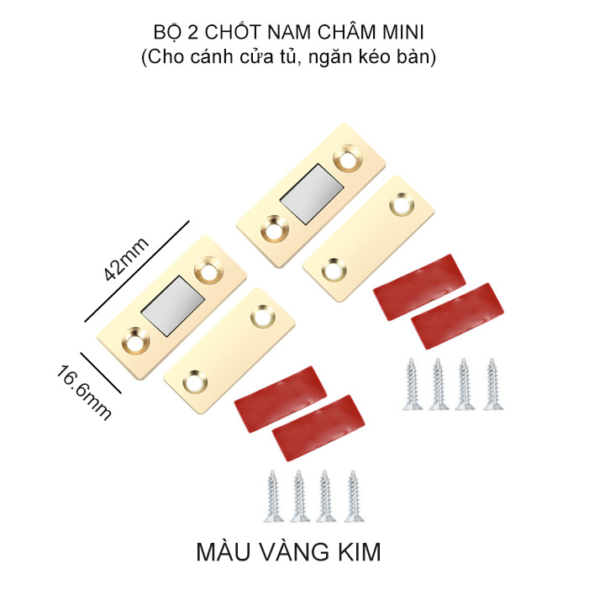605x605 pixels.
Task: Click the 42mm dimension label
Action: point(126,259)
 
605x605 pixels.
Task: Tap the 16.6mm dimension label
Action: point(85,392)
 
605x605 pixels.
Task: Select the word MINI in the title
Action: point(403,33)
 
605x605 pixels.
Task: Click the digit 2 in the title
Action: point(192,33)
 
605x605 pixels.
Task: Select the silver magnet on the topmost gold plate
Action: point(312,194)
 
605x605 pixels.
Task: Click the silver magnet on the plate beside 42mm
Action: point(172,306)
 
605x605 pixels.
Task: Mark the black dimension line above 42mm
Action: point(137,271)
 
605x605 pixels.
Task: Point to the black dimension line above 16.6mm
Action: point(101,372)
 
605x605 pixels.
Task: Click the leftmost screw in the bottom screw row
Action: point(273,497)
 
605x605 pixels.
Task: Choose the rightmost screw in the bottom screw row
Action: point(354,497)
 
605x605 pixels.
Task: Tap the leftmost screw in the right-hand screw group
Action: point(412,384)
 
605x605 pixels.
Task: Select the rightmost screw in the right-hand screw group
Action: point(492,384)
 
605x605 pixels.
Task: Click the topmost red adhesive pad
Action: point(419,287)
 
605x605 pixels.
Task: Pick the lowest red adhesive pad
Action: point(318,428)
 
